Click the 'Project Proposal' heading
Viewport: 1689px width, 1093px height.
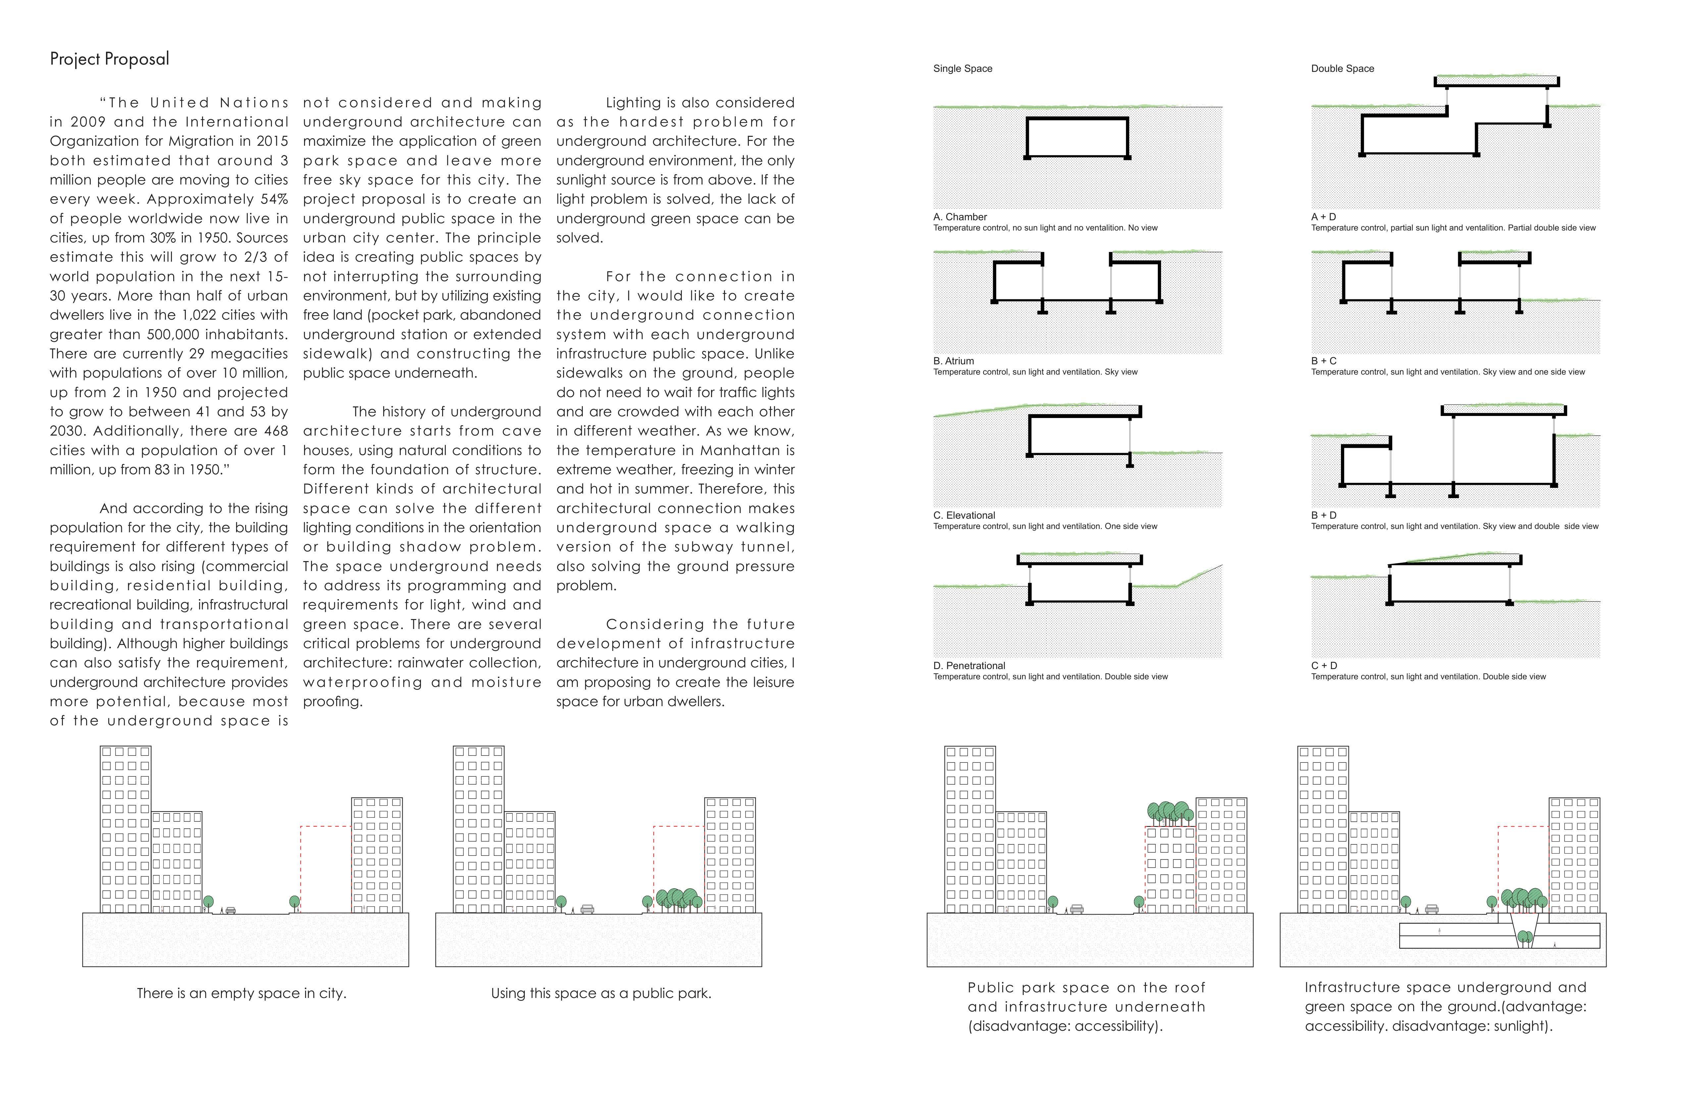(x=109, y=59)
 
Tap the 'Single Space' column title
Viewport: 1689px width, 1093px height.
(x=962, y=69)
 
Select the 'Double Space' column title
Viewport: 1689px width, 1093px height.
(x=1342, y=69)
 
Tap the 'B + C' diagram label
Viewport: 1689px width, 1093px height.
(x=1323, y=361)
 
